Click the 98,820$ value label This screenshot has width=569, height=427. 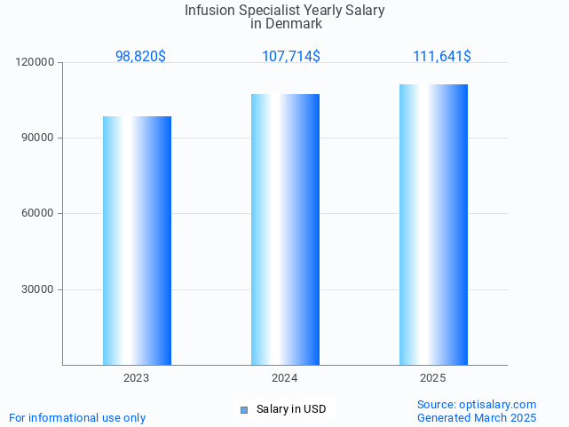pyautogui.click(x=140, y=56)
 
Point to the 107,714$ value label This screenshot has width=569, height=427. pyautogui.click(x=291, y=56)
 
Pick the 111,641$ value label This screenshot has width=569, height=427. pyautogui.click(x=442, y=56)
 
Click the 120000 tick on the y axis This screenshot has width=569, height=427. pyautogui.click(x=36, y=62)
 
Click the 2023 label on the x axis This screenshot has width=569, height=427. pyautogui.click(x=137, y=378)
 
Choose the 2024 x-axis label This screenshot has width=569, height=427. pyautogui.click(x=285, y=378)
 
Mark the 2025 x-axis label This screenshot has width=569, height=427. pyautogui.click(x=433, y=378)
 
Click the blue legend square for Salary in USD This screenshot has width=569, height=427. pyautogui.click(x=244, y=409)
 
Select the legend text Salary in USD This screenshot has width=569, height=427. pyautogui.click(x=291, y=409)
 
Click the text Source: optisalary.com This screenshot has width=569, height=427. pyautogui.click(x=477, y=404)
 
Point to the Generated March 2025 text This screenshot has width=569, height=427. pyautogui.click(x=477, y=417)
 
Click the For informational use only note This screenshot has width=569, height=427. pyautogui.click(x=77, y=417)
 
